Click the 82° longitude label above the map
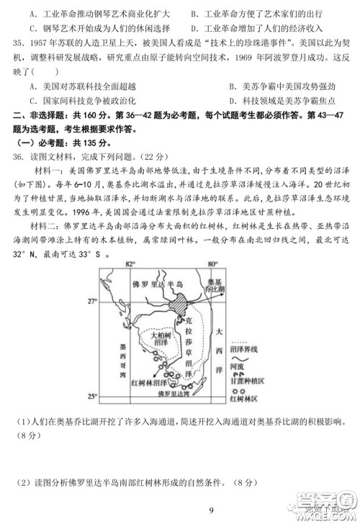pos(130,264)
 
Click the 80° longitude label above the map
pos(212,264)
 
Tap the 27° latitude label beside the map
pos(92,300)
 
